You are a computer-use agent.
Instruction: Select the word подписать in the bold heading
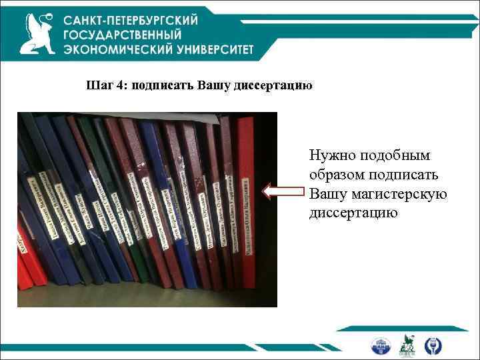(x=163, y=86)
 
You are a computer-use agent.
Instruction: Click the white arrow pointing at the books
(x=284, y=192)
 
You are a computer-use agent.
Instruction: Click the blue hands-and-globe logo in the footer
(x=431, y=345)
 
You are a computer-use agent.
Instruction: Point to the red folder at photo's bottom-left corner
(x=25, y=273)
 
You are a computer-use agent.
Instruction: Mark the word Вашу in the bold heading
(x=215, y=86)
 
